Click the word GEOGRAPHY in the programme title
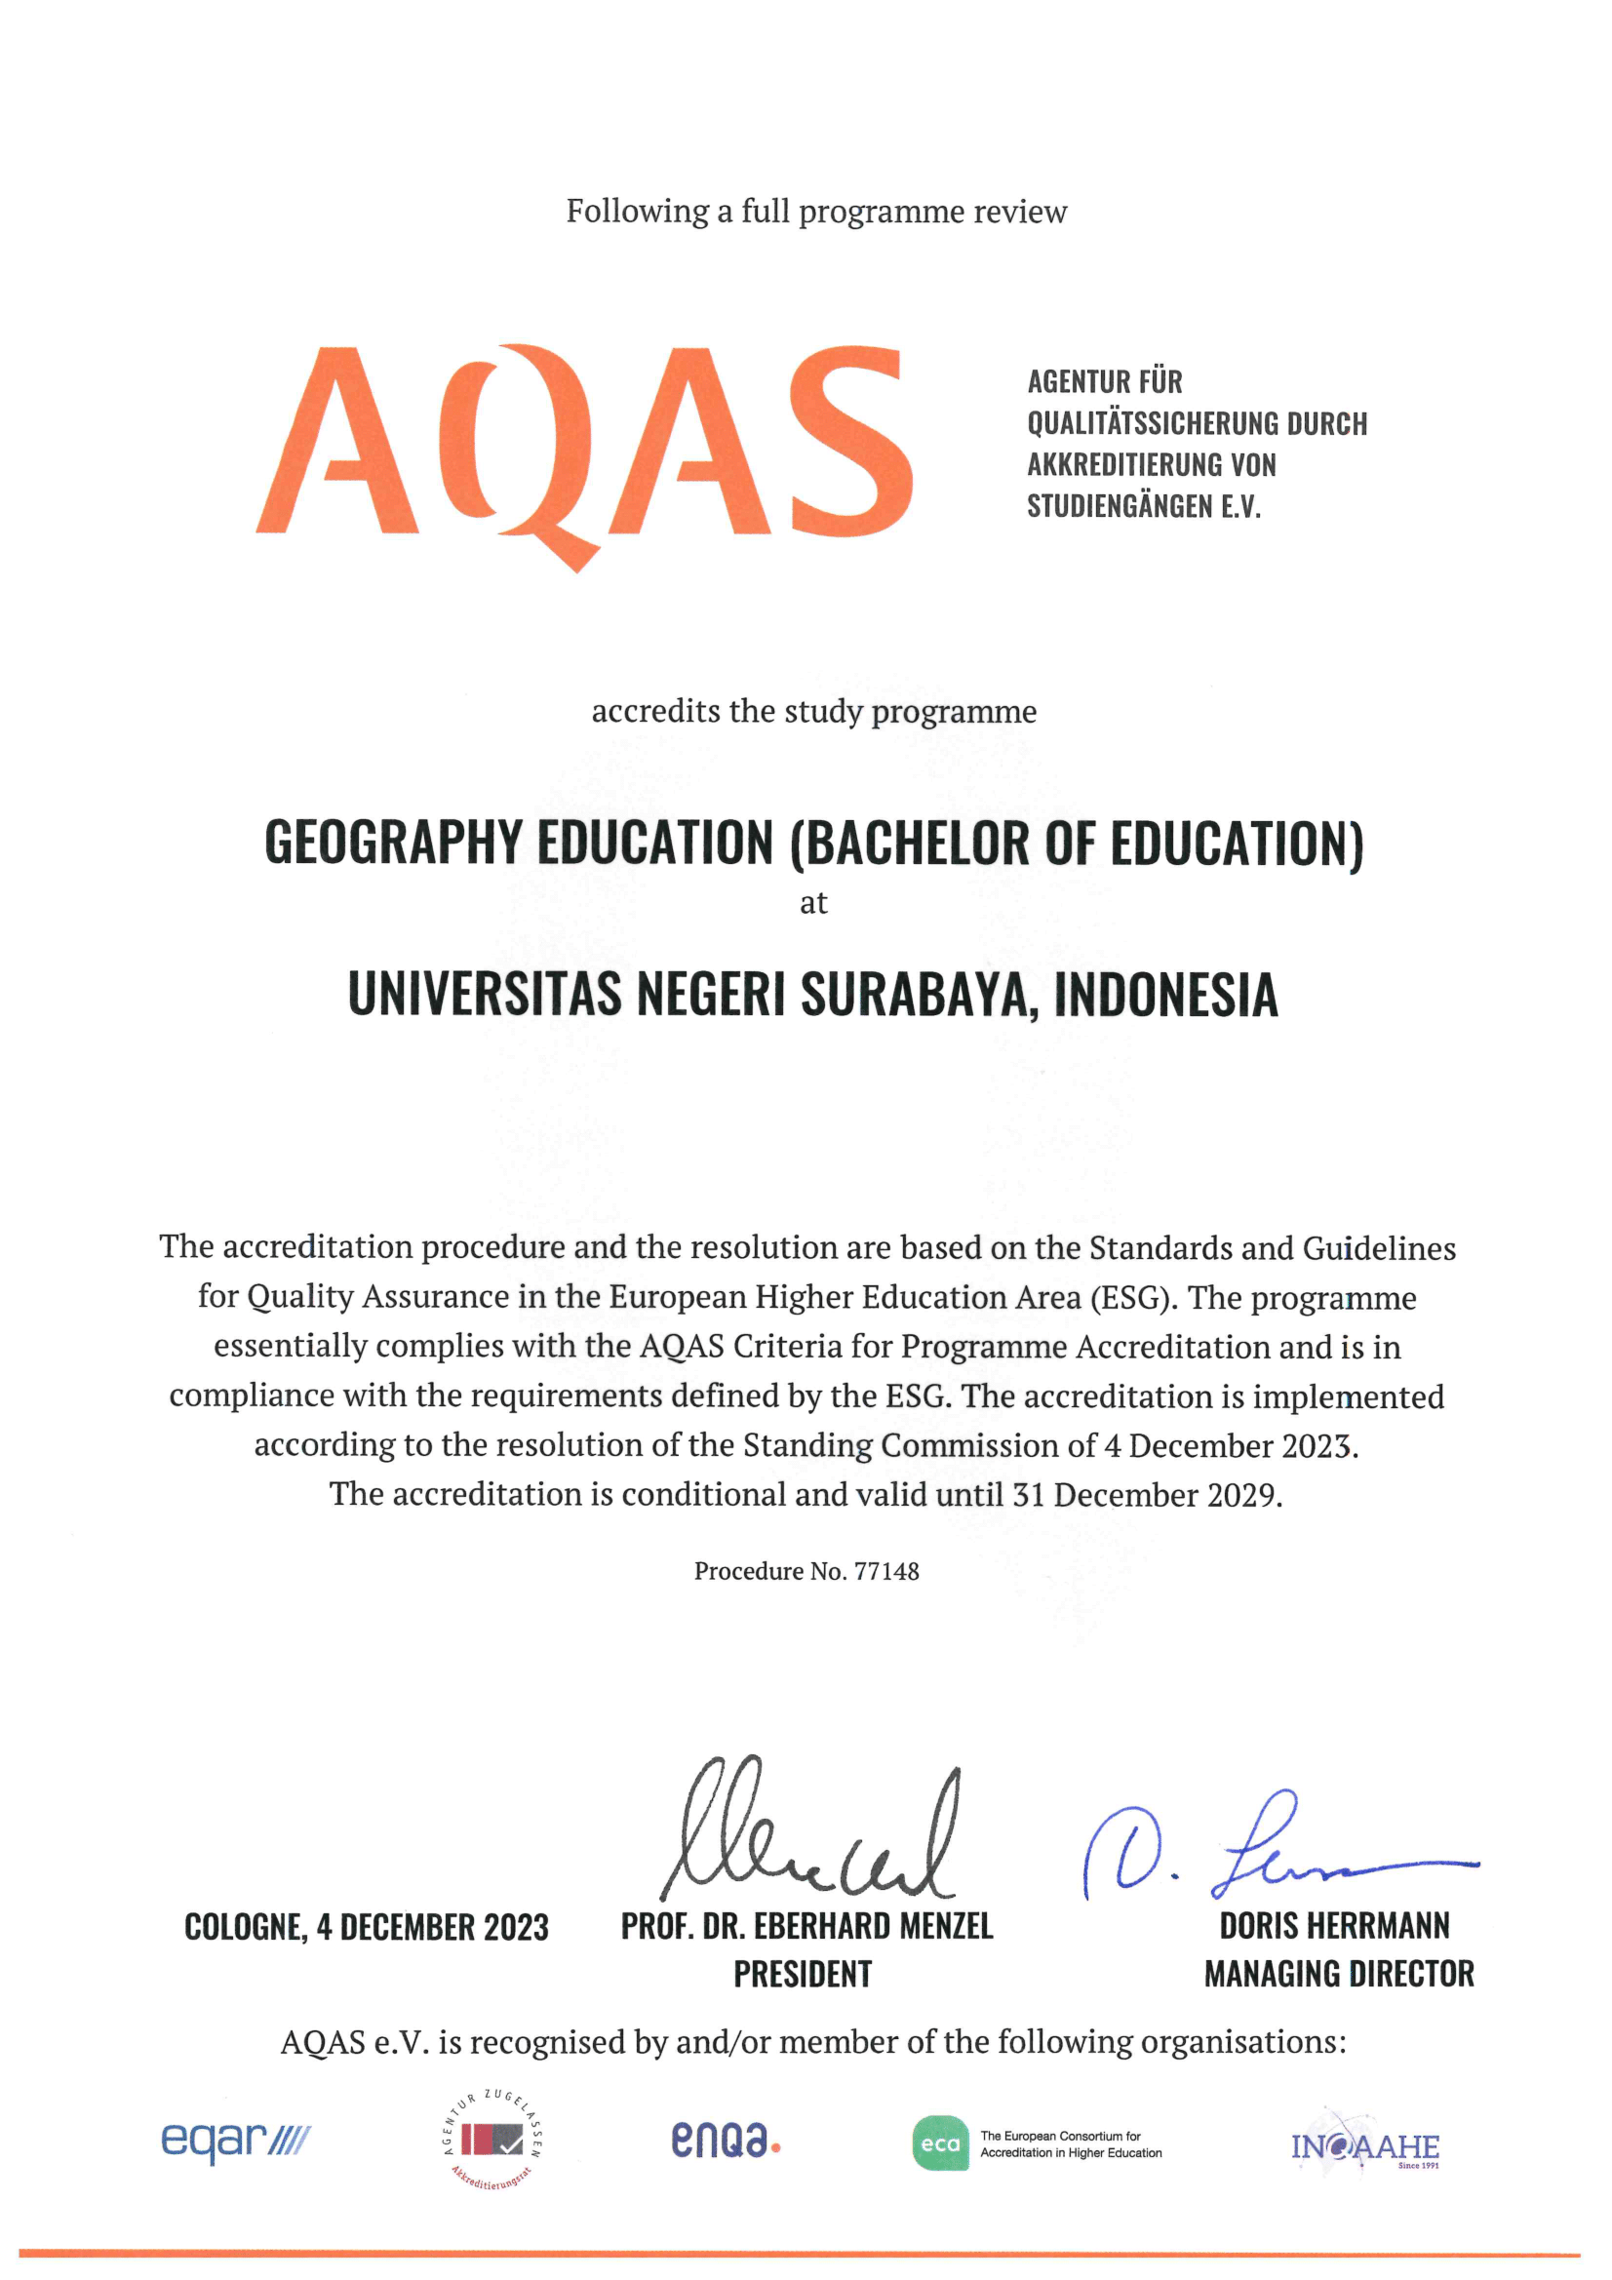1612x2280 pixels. [392, 843]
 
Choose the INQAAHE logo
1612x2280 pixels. [1364, 2147]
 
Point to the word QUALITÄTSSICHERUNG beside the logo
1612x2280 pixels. [1154, 424]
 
